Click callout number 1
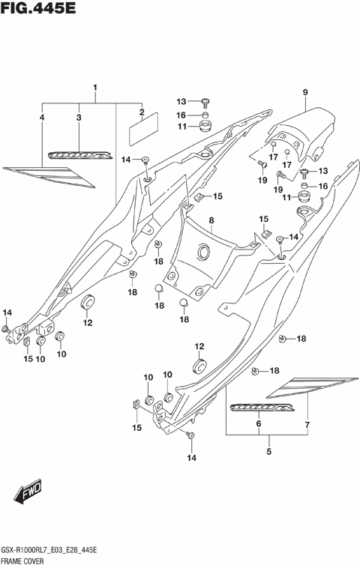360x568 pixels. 96,88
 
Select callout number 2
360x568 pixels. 141,113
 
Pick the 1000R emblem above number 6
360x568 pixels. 262,408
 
